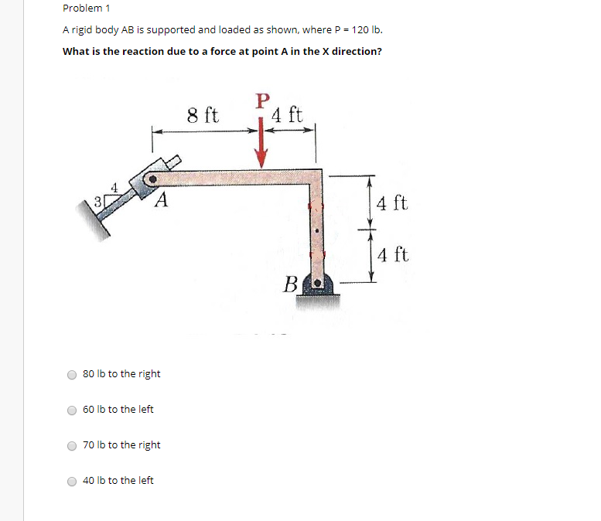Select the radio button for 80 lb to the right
pyautogui.click(x=72, y=374)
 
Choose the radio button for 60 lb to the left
pyautogui.click(x=72, y=410)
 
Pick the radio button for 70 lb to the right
pyautogui.click(x=72, y=445)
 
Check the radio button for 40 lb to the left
pyautogui.click(x=72, y=481)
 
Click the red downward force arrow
pyautogui.click(x=263, y=146)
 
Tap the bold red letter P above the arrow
pyautogui.click(x=263, y=101)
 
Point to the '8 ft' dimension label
pyautogui.click(x=203, y=116)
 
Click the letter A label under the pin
pyautogui.click(x=161, y=202)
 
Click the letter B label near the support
pyautogui.click(x=291, y=284)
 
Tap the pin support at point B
pyautogui.click(x=317, y=284)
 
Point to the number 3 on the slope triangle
pyautogui.click(x=97, y=202)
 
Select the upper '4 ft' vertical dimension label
pyautogui.click(x=392, y=205)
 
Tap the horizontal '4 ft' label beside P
pyautogui.click(x=288, y=116)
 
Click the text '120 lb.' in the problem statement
pyautogui.click(x=367, y=30)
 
